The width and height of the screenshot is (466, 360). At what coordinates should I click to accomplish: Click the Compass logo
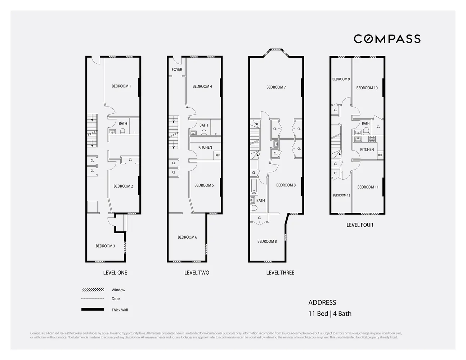(387, 39)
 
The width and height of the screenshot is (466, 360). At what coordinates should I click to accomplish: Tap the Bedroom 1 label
(121, 86)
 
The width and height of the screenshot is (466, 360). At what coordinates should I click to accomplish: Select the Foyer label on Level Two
(177, 69)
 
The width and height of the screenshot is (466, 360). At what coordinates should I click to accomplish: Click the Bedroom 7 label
(276, 87)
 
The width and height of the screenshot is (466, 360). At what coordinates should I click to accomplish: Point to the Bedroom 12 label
(341, 195)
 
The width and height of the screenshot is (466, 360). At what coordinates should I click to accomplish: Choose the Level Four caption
(359, 225)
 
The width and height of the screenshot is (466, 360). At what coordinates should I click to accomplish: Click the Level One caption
(115, 273)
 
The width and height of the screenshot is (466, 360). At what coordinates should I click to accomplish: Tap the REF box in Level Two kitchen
(217, 156)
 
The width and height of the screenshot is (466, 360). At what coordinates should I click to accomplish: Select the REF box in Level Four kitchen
(380, 155)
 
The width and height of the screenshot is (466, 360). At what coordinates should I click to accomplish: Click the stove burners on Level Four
(372, 139)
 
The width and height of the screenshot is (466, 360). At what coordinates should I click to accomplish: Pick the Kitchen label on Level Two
(205, 147)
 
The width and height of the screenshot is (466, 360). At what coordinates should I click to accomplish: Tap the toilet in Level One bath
(122, 131)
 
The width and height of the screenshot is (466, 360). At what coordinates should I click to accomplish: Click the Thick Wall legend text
(120, 310)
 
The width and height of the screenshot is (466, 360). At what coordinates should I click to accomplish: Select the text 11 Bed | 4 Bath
(330, 314)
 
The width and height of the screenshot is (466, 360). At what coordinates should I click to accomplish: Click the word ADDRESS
(322, 303)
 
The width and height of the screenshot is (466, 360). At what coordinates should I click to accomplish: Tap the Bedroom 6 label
(187, 237)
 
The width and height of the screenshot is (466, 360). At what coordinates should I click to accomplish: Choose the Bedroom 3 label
(105, 246)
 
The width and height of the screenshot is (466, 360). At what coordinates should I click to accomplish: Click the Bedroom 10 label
(367, 88)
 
